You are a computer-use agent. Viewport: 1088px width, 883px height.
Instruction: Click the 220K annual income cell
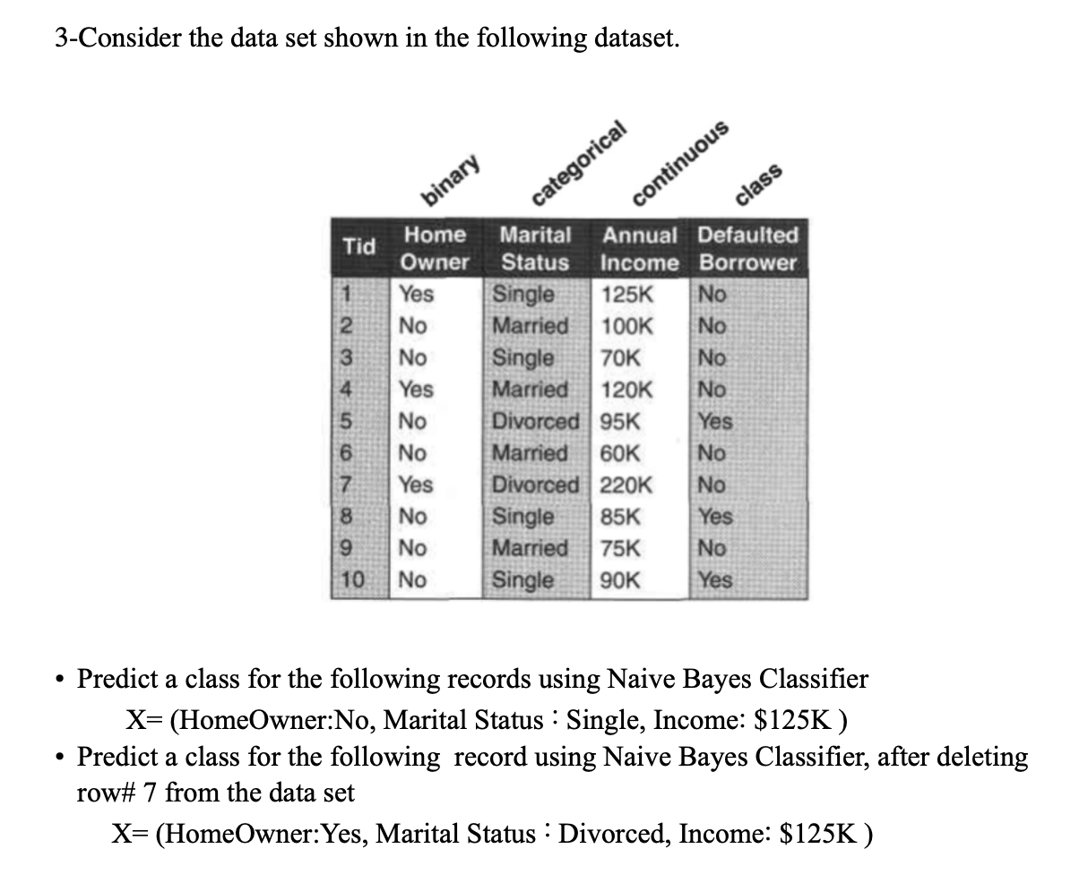tap(626, 485)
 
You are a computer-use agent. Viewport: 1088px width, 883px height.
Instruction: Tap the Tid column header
tap(359, 247)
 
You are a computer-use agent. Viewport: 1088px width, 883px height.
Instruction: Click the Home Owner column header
tap(435, 248)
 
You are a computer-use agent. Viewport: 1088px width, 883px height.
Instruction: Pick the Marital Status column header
tap(535, 248)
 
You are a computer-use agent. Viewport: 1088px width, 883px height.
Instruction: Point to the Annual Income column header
tap(640, 248)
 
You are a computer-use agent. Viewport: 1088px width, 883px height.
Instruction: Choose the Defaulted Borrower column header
tap(747, 248)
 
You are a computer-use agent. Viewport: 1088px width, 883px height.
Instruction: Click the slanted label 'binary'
tap(453, 178)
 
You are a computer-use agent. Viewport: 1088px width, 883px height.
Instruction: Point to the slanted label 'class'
tap(760, 184)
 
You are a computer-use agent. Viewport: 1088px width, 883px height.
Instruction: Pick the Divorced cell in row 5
tap(536, 421)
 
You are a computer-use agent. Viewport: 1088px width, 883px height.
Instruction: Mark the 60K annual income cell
tap(620, 453)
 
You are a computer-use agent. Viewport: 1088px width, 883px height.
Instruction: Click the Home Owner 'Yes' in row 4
tap(416, 390)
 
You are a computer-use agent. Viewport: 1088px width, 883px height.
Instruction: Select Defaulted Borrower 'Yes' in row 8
tap(715, 517)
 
